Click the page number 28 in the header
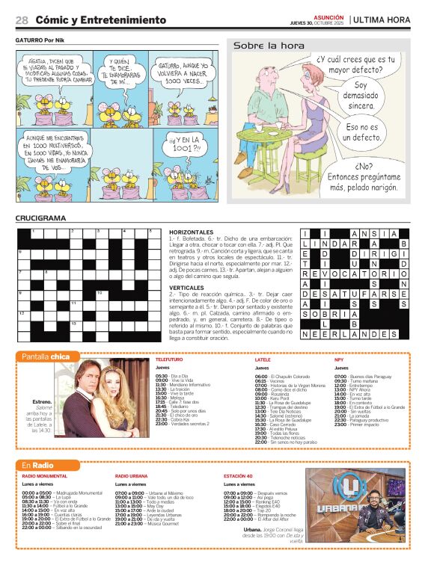point(22,19)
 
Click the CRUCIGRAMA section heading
point(40,218)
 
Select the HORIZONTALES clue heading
point(192,232)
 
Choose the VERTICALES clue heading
point(187,288)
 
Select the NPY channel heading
point(339,359)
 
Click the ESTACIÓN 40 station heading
point(240,476)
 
